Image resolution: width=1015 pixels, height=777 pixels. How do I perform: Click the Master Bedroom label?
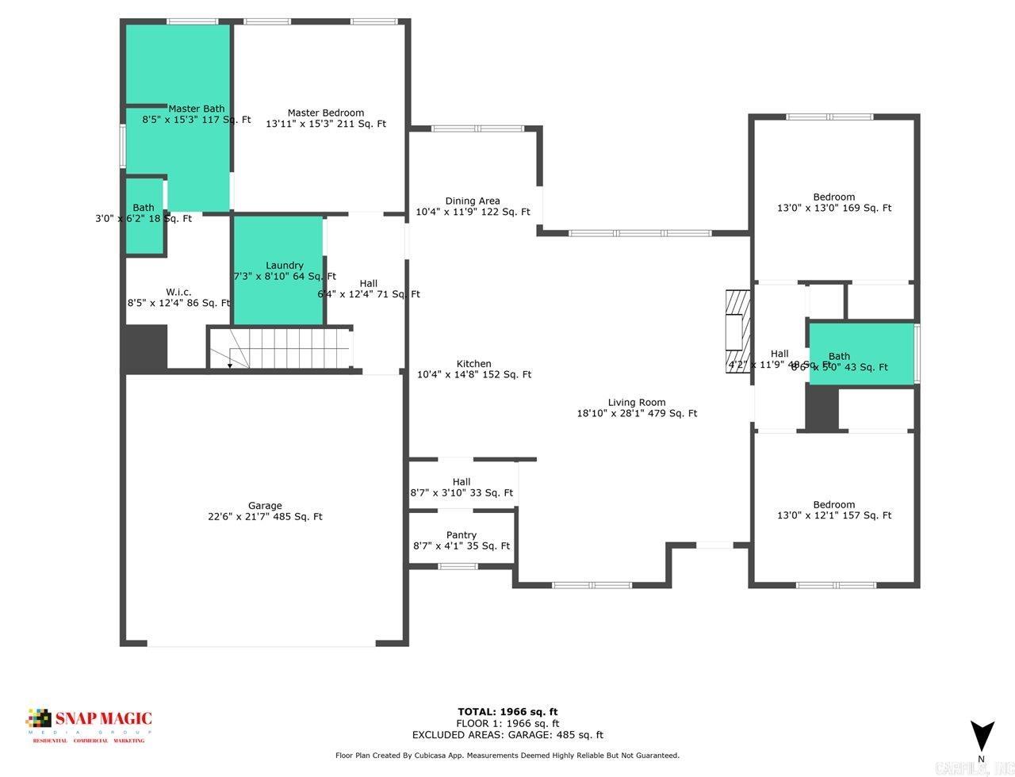[325, 113]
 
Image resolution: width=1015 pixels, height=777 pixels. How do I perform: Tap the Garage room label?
[265, 506]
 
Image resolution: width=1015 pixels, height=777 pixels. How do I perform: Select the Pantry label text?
[462, 535]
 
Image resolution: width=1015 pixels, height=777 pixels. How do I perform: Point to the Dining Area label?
[473, 201]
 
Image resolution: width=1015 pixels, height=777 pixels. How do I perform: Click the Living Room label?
[637, 402]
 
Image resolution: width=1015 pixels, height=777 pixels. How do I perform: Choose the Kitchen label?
[474, 364]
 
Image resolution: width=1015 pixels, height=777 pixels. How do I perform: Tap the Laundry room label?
[284, 266]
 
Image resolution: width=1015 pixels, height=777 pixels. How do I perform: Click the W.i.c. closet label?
[178, 292]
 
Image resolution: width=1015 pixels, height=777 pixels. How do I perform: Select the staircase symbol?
[280, 348]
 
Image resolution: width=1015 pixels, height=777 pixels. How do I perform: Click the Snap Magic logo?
[89, 723]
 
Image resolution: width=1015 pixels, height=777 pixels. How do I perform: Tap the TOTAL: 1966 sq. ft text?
[507, 711]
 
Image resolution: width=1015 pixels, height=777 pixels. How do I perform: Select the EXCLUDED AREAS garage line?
[507, 735]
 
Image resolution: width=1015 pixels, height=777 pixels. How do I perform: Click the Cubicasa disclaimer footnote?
[507, 756]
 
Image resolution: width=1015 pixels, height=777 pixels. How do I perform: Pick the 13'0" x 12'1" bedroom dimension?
[834, 515]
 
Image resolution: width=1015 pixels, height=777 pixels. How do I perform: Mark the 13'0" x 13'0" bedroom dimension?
[834, 208]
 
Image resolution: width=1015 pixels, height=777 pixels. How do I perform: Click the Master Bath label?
[196, 109]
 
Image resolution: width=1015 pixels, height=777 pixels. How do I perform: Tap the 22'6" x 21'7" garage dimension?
[265, 517]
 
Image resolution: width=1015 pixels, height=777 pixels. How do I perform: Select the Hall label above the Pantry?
[462, 481]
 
